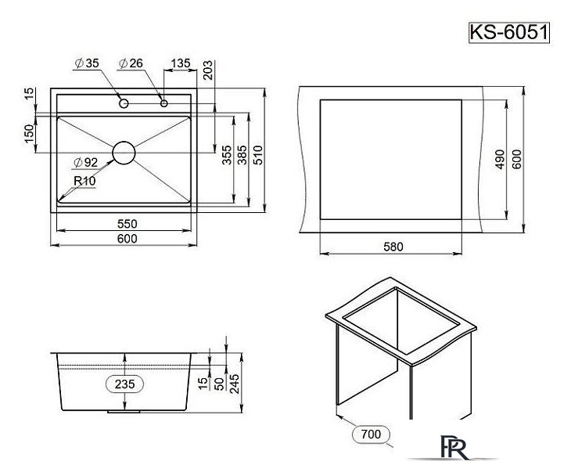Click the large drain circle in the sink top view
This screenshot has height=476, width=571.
coord(124,152)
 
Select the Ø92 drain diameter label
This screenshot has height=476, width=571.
coord(85,163)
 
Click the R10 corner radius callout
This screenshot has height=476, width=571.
coord(84,180)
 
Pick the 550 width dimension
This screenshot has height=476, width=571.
coord(127,222)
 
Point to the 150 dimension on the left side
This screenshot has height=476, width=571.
coord(30,135)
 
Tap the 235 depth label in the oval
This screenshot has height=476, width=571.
coord(125,384)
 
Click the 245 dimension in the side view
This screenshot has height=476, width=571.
coord(235,381)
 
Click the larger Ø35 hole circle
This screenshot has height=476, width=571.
coord(124,103)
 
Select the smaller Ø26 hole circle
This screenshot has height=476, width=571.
coord(163,103)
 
